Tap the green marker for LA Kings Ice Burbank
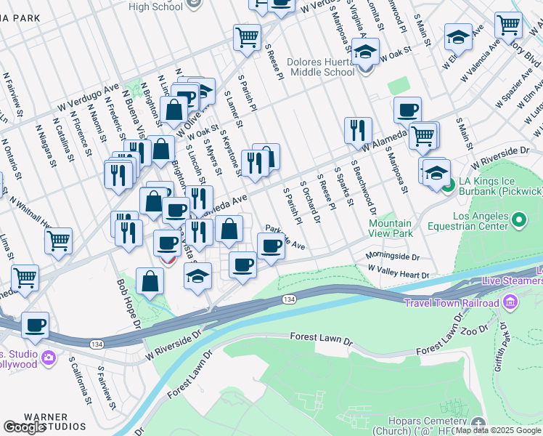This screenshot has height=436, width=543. (x=448, y=185)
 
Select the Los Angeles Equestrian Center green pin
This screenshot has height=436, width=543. (x=518, y=219)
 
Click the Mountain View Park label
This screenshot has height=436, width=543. (x=391, y=228)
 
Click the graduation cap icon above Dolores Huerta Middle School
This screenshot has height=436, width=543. (x=367, y=51)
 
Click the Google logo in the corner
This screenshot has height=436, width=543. (x=24, y=428)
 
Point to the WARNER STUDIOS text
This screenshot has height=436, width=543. (x=55, y=421)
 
